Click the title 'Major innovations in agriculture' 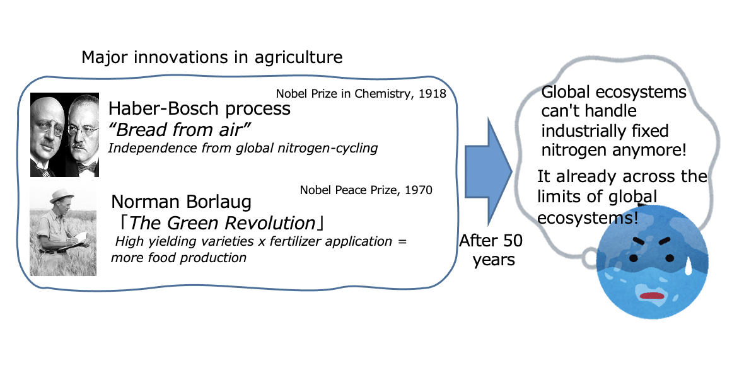click(x=212, y=57)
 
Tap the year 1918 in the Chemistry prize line click(x=433, y=93)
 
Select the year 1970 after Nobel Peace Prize click(x=419, y=190)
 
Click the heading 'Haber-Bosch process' click(x=199, y=108)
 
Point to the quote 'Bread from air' click(x=183, y=129)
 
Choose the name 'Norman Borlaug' click(x=181, y=202)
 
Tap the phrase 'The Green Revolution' click(x=222, y=222)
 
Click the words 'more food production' click(x=178, y=258)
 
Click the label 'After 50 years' click(x=491, y=250)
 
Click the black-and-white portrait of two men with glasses click(x=64, y=135)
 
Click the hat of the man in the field click(x=62, y=195)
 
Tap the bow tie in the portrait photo click(x=88, y=167)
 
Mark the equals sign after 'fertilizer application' click(x=402, y=241)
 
